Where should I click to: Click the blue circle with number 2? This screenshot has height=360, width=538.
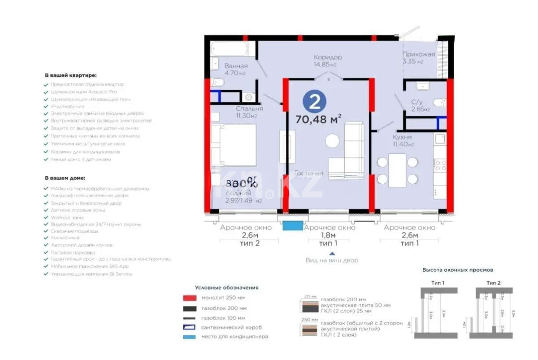(x=314, y=102)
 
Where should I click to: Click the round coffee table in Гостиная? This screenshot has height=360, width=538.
(x=333, y=141)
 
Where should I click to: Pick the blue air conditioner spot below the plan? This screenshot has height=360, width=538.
(x=292, y=226)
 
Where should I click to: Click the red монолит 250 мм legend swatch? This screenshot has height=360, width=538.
(x=189, y=298)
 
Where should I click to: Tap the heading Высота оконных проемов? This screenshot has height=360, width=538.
(x=458, y=270)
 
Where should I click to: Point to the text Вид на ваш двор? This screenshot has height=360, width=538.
(x=332, y=260)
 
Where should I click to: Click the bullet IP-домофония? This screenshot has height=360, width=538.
(x=67, y=107)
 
